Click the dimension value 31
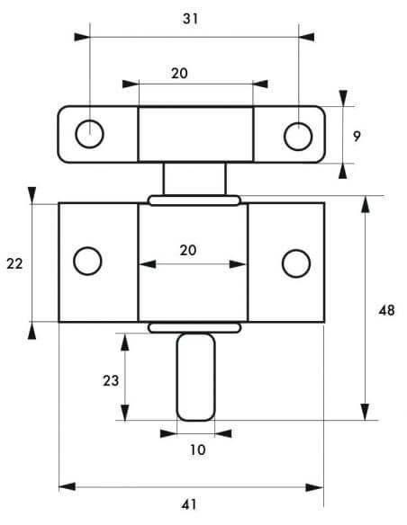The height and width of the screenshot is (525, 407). click(x=190, y=19)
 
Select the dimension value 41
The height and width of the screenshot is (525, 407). click(x=189, y=504)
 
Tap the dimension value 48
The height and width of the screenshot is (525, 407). click(x=386, y=311)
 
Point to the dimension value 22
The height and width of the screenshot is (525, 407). click(x=14, y=263)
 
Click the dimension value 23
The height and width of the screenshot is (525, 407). click(x=111, y=380)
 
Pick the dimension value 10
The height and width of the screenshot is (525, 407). click(x=198, y=449)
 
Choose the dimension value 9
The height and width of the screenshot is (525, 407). click(x=357, y=137)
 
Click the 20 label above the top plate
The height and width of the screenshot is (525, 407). click(x=179, y=74)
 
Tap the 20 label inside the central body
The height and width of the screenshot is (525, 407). click(x=188, y=250)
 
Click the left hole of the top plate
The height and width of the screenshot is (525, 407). click(x=89, y=134)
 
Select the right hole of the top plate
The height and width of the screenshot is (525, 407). click(x=298, y=137)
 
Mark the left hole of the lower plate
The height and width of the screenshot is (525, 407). click(x=87, y=261)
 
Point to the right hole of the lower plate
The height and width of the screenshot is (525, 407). click(x=296, y=263)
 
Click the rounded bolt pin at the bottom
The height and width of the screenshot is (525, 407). click(x=196, y=377)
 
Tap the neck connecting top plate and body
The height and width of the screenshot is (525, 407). click(x=194, y=179)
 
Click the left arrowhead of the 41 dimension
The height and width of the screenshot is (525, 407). click(x=67, y=486)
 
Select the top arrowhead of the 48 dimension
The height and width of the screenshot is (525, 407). click(x=365, y=204)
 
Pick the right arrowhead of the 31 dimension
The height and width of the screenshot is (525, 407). click(x=306, y=37)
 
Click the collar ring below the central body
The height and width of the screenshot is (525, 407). click(x=194, y=328)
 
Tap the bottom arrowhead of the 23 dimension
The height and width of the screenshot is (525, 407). click(x=125, y=413)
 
